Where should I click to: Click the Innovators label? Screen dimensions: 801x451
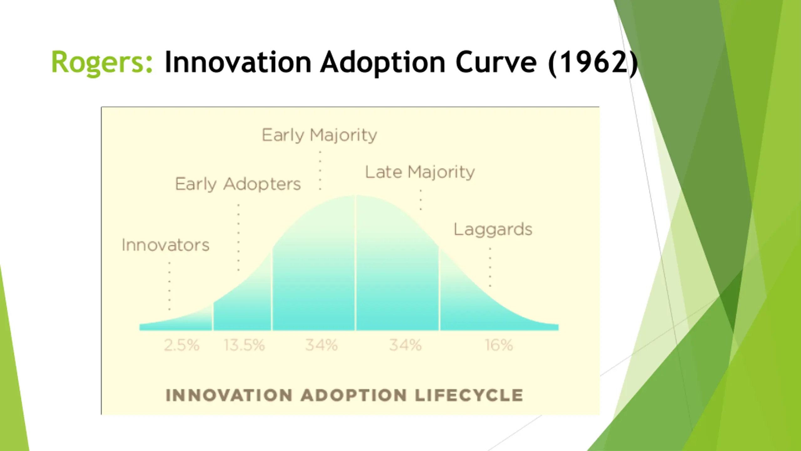[165, 245]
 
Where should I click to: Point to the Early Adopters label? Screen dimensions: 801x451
[238, 184]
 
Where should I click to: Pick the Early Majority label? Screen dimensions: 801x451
[319, 135]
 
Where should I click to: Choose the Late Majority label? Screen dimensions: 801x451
[420, 172]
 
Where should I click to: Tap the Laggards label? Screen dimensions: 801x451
[493, 230]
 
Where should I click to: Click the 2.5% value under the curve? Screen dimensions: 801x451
[181, 345]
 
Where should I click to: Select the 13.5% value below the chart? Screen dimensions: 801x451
[244, 345]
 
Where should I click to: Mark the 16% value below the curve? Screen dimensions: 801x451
[499, 345]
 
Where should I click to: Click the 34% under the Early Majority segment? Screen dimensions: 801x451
[321, 345]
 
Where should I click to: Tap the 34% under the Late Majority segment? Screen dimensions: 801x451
[405, 345]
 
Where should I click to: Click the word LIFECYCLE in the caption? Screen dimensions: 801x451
[469, 395]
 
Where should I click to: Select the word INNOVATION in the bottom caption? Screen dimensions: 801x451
[229, 395]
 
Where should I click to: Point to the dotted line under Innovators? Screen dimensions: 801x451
[170, 286]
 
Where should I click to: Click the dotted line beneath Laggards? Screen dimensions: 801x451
[490, 267]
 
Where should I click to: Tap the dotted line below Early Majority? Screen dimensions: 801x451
[320, 170]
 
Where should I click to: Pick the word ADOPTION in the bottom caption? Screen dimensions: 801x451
[354, 395]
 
